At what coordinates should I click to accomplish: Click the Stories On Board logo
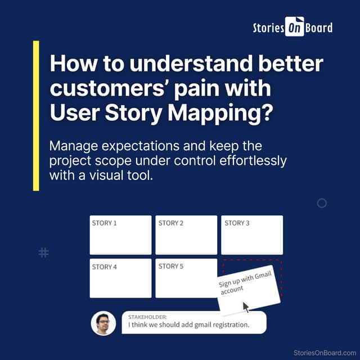tap(292, 28)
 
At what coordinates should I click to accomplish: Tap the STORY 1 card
tap(120, 235)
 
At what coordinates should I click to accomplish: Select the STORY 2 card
tap(186, 235)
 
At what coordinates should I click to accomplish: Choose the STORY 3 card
tap(251, 235)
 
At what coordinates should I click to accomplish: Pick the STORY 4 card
tap(120, 278)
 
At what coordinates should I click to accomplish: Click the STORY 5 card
tap(186, 278)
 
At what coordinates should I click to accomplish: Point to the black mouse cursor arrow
tap(246, 307)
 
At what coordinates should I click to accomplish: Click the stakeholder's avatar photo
tap(103, 323)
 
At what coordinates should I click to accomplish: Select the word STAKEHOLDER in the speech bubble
tap(148, 317)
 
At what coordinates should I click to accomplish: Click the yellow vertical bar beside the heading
tap(36, 115)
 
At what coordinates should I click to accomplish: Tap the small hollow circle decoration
tap(322, 203)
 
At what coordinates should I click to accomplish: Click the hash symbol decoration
tap(43, 253)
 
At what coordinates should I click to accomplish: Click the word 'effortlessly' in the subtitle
tap(254, 160)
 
